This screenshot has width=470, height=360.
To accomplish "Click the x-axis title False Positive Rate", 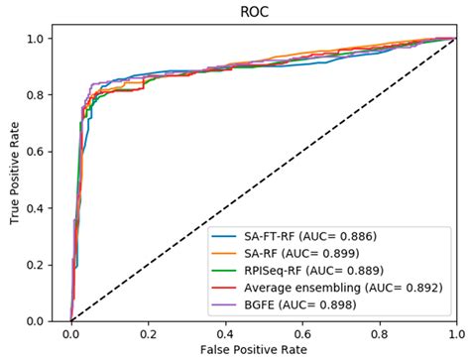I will pos(263,349).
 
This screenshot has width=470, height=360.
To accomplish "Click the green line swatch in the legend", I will pos(227,269).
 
